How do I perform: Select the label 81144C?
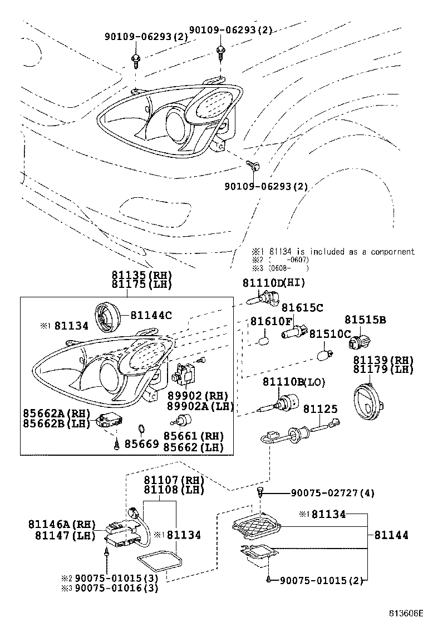(151, 315)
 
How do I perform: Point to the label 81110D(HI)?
(274, 283)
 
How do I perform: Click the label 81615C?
(302, 308)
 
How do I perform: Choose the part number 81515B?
(365, 320)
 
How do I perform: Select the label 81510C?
(330, 334)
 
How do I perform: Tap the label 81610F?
(271, 321)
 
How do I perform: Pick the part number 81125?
(321, 409)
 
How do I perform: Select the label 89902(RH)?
(190, 396)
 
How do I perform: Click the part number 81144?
(391, 535)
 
